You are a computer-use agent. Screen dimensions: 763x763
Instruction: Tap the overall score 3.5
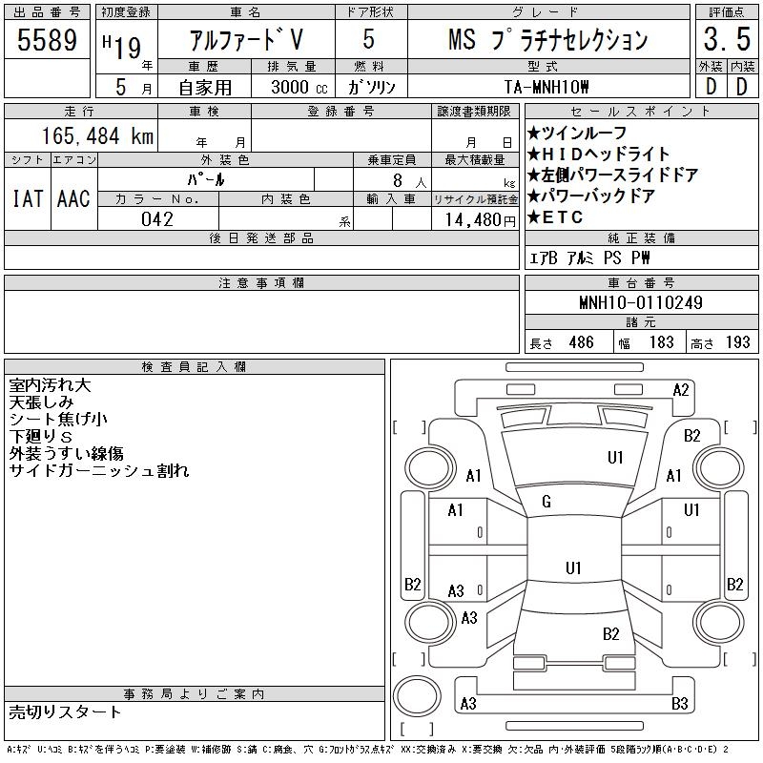(x=724, y=43)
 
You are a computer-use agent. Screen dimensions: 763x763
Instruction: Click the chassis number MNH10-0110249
(x=641, y=303)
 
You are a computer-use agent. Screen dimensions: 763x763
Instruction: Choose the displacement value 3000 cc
(x=291, y=87)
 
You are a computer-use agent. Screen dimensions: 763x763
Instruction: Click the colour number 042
(x=157, y=219)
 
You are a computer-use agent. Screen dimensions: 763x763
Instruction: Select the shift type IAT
(x=27, y=198)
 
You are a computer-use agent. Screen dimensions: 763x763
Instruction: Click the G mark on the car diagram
(x=546, y=502)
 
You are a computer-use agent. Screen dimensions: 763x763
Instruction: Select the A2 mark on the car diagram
(x=681, y=389)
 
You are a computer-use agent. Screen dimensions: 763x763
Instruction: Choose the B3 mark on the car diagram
(x=680, y=704)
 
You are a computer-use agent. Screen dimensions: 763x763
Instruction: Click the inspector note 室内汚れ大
(x=50, y=386)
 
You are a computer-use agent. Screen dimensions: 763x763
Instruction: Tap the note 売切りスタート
(x=66, y=711)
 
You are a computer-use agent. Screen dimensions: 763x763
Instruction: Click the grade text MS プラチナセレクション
(x=548, y=40)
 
